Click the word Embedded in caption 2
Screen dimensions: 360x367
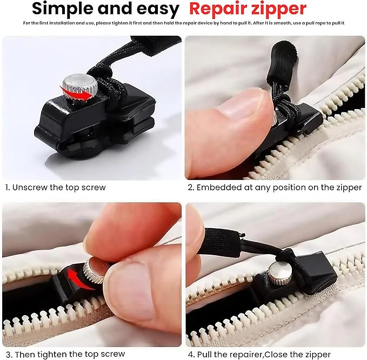click(x=219, y=188)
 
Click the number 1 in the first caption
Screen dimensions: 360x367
click(x=7, y=188)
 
